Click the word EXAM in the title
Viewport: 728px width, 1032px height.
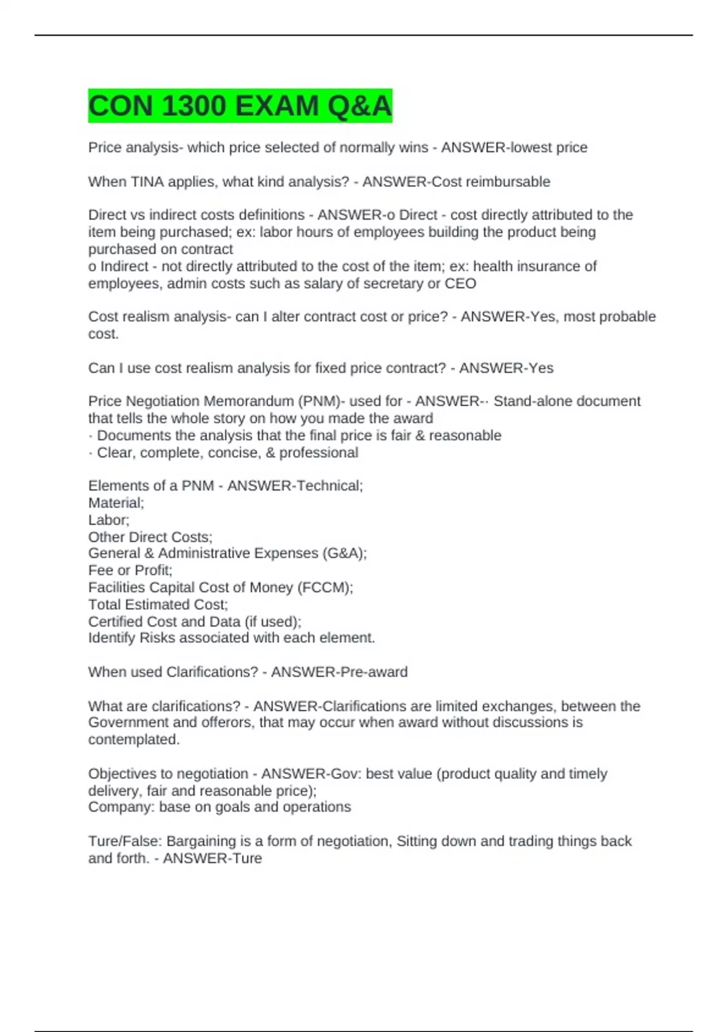pos(276,106)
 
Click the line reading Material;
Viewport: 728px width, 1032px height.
pos(116,503)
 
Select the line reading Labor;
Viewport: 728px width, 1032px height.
pos(109,520)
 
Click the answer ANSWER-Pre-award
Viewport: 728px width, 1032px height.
pos(339,672)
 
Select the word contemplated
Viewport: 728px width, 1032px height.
pos(133,739)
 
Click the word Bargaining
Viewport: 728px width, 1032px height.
pos(201,841)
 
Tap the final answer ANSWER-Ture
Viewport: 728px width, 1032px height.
pos(212,858)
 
